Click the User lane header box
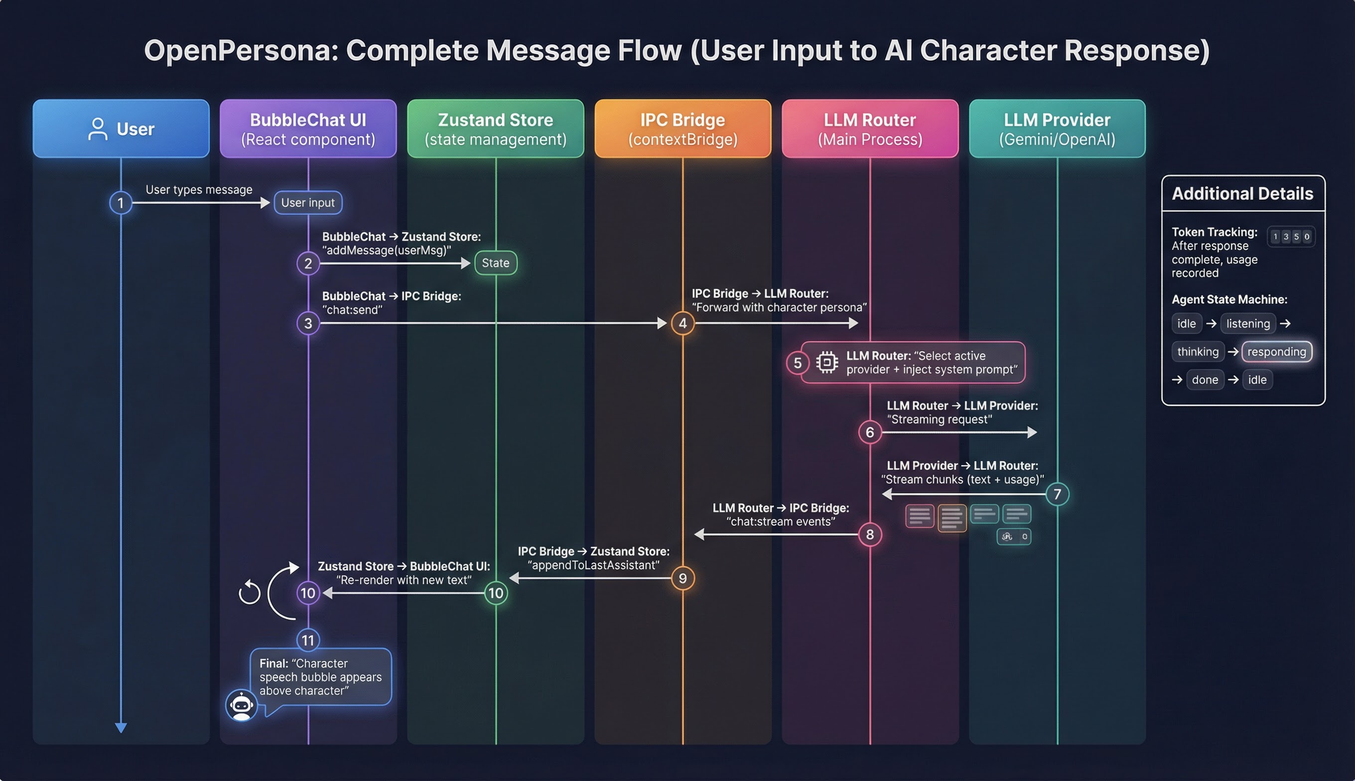121,129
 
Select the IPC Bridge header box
682,129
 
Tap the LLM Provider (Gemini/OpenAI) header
1057,129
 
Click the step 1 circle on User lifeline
121,203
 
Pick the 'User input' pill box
308,203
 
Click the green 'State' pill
496,263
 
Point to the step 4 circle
682,323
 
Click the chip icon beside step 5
826,363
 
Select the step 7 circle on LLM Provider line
1057,494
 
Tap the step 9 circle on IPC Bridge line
682,578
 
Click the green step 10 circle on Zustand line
496,593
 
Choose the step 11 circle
308,640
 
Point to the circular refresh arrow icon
250,592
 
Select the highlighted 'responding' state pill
1276,352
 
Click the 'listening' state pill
1248,323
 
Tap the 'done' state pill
1205,380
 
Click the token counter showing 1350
1291,237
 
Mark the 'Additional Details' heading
1242,194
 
